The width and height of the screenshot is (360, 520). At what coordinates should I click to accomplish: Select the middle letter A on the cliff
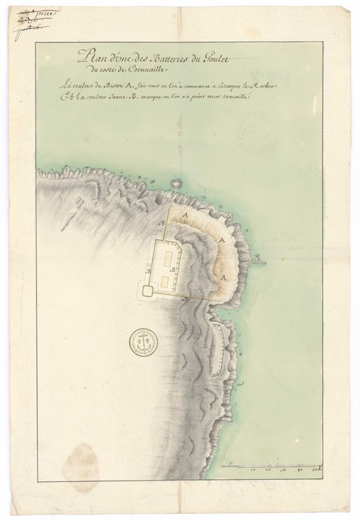(x=222, y=241)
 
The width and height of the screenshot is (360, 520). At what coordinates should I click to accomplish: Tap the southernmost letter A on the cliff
(x=224, y=278)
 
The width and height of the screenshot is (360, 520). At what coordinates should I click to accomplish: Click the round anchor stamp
(x=143, y=344)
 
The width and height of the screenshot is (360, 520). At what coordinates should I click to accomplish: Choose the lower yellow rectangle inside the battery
(x=165, y=282)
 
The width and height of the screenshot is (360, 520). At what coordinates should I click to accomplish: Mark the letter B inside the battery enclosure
(x=150, y=270)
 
